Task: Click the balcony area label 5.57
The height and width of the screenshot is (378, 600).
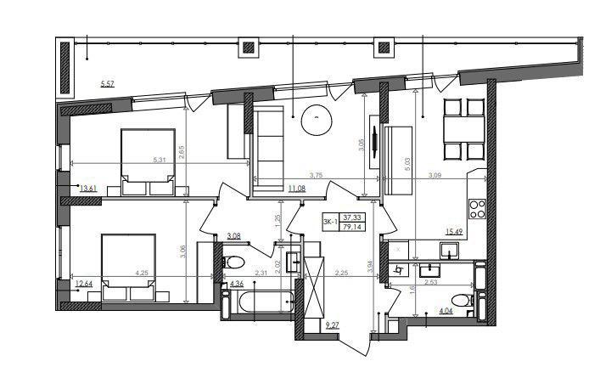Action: [x=106, y=82]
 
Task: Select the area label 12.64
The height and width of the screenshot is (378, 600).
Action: [x=82, y=285]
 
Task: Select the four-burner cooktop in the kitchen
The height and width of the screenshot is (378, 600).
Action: [x=476, y=206]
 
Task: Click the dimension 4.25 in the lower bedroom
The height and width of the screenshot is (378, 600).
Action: [x=142, y=273]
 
